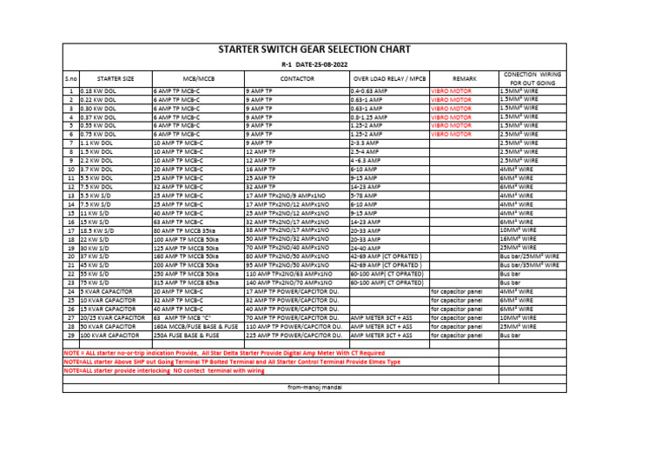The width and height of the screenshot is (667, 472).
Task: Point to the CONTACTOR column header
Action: coord(296,78)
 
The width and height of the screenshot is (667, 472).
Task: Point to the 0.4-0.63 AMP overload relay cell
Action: coord(369,90)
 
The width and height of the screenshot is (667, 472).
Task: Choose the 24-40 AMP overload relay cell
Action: coord(365,248)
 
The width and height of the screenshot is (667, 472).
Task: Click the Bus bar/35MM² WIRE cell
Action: coord(528,265)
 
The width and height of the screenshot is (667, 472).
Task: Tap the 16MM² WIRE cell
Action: coord(518,238)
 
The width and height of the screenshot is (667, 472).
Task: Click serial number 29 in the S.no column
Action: coord(70,335)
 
